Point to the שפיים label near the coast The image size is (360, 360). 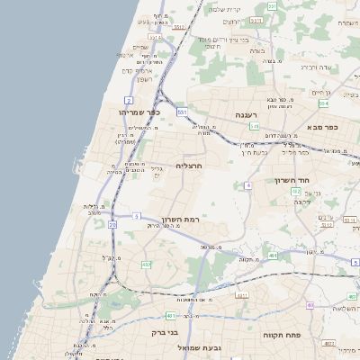coord(140,47)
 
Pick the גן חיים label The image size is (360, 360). coord(320,93)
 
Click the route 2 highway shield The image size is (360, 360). coord(130,100)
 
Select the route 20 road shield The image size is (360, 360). coord(112,223)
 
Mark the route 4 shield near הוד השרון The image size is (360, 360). coord(247,185)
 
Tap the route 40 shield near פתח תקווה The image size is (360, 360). coord(309,305)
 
